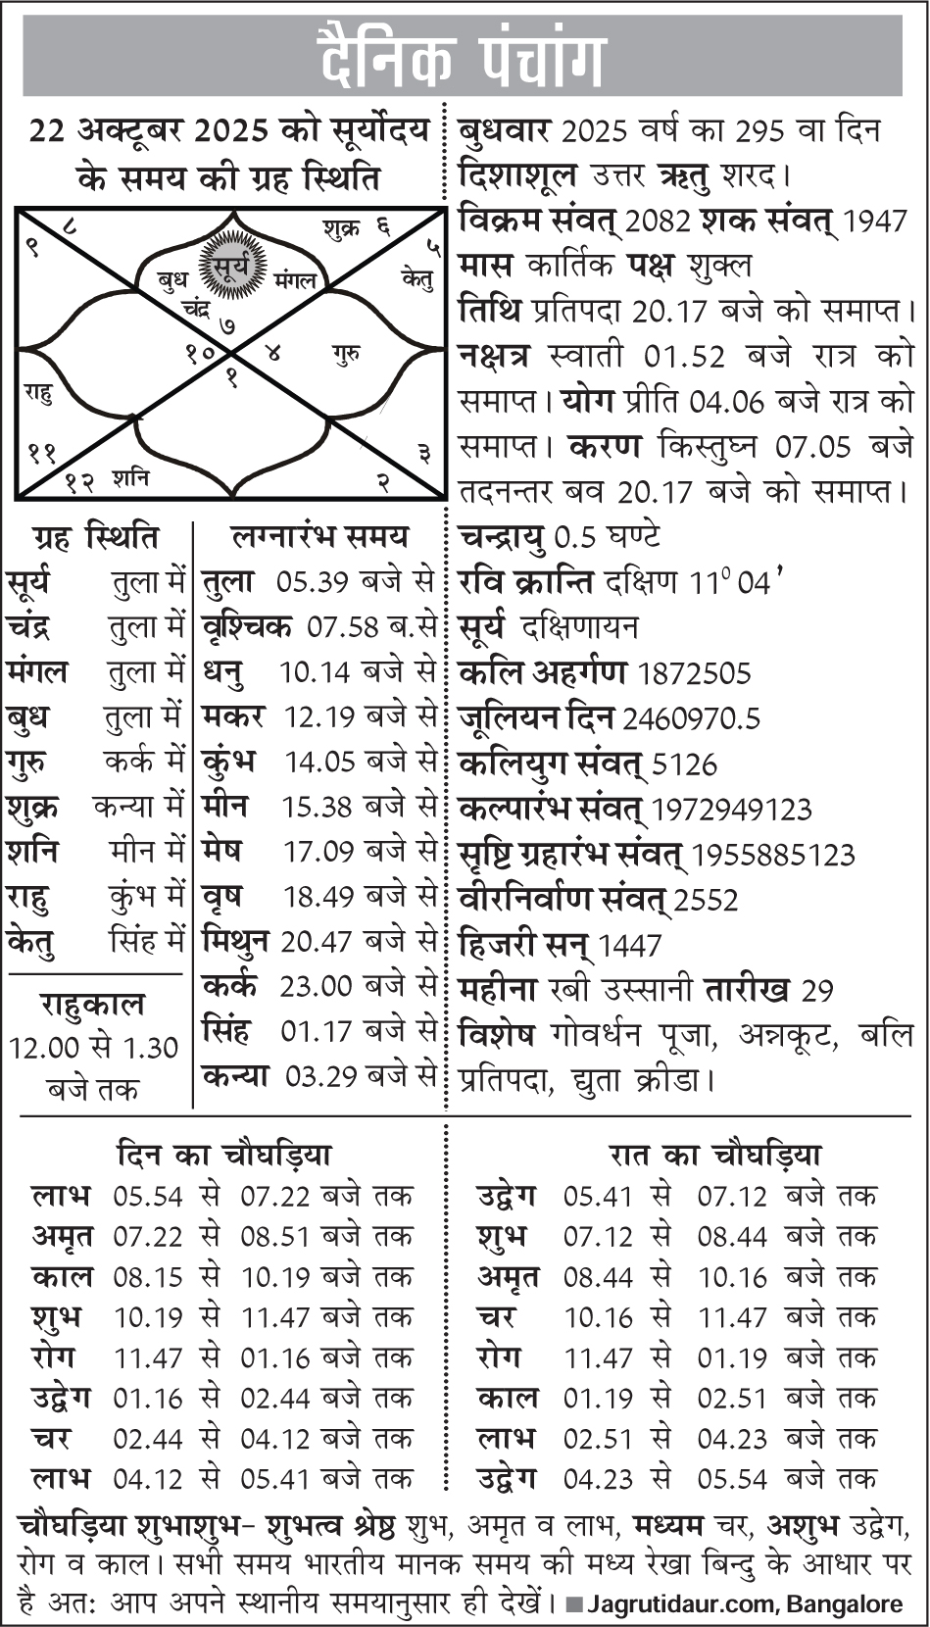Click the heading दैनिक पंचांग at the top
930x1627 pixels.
[x=463, y=57]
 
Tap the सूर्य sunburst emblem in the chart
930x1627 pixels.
[x=233, y=266]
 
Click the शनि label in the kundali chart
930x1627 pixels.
[x=130, y=478]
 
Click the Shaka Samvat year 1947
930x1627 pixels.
[x=875, y=222]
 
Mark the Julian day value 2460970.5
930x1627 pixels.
[x=691, y=719]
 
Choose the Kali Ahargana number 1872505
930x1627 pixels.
[x=694, y=674]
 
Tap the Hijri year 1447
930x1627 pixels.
[x=629, y=946]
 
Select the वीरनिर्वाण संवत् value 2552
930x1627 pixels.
[x=706, y=900]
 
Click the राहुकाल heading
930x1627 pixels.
[x=92, y=1006]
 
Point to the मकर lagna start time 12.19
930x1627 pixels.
[x=319, y=717]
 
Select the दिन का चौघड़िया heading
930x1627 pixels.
[x=223, y=1155]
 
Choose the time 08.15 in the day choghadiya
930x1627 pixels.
[x=148, y=1277]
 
